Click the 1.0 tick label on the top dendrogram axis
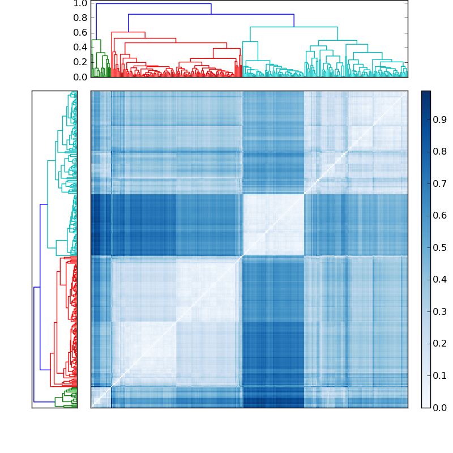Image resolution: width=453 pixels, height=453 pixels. click(x=80, y=3)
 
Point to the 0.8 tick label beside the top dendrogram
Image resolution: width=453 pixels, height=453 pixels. click(x=80, y=18)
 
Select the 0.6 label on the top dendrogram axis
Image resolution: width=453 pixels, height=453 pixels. click(x=80, y=32)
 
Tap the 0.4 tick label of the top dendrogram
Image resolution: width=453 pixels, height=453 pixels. click(x=80, y=47)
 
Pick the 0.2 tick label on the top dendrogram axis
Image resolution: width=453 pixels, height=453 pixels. click(x=80, y=62)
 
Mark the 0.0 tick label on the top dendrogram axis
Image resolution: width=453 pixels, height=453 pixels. click(x=80, y=76)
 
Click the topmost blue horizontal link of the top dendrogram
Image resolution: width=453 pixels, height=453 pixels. click(x=153, y=4)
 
